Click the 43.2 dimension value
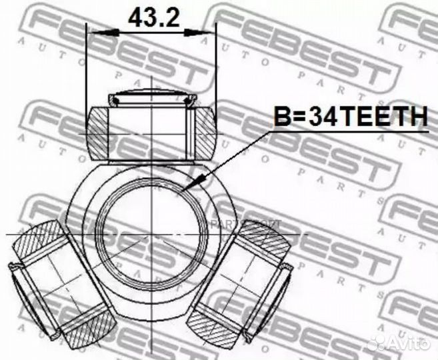click(153, 17)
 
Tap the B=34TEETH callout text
click(351, 117)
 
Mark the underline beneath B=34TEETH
click(351, 132)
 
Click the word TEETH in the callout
click(384, 117)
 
